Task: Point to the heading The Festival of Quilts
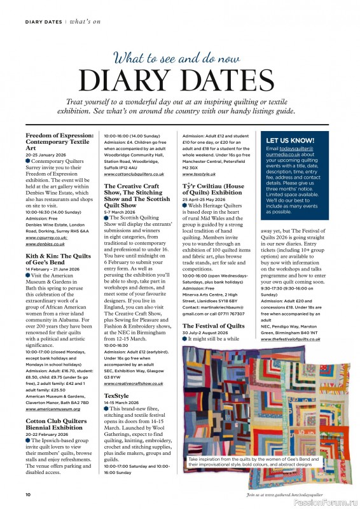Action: (214, 326)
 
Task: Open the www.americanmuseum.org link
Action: (53, 408)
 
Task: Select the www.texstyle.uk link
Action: (200, 174)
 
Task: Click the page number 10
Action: (28, 494)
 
